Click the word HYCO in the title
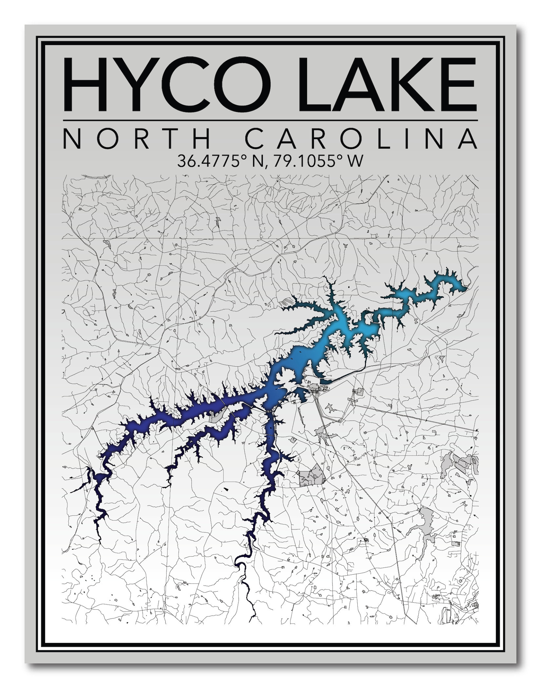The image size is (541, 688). point(167,84)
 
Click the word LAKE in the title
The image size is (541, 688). point(387,84)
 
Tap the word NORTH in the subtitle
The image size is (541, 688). point(137,139)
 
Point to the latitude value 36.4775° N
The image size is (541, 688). point(220,161)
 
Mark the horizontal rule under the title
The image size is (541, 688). point(270,121)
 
